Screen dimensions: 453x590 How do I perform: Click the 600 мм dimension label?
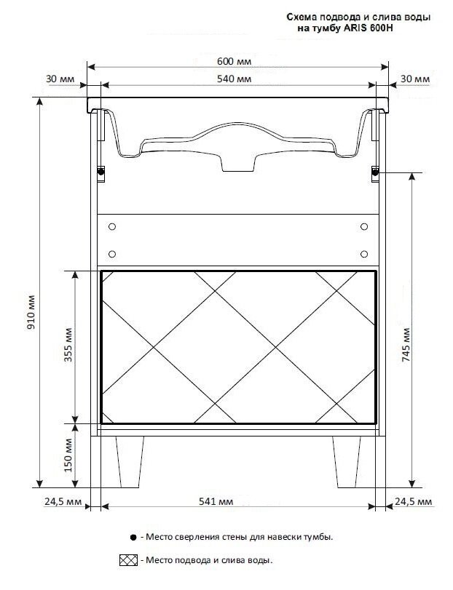(234, 61)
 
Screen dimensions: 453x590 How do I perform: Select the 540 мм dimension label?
(234, 79)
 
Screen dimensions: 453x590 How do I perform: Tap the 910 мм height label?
(31, 312)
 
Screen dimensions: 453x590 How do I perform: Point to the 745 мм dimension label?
(406, 345)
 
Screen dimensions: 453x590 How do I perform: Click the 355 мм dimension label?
(68, 345)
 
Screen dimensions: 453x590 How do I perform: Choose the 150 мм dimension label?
(68, 455)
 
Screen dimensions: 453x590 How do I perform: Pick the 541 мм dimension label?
(216, 501)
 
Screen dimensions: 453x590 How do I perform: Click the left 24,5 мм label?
(63, 502)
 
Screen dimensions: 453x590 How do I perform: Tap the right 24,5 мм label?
(414, 502)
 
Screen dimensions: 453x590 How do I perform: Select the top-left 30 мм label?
(60, 79)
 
